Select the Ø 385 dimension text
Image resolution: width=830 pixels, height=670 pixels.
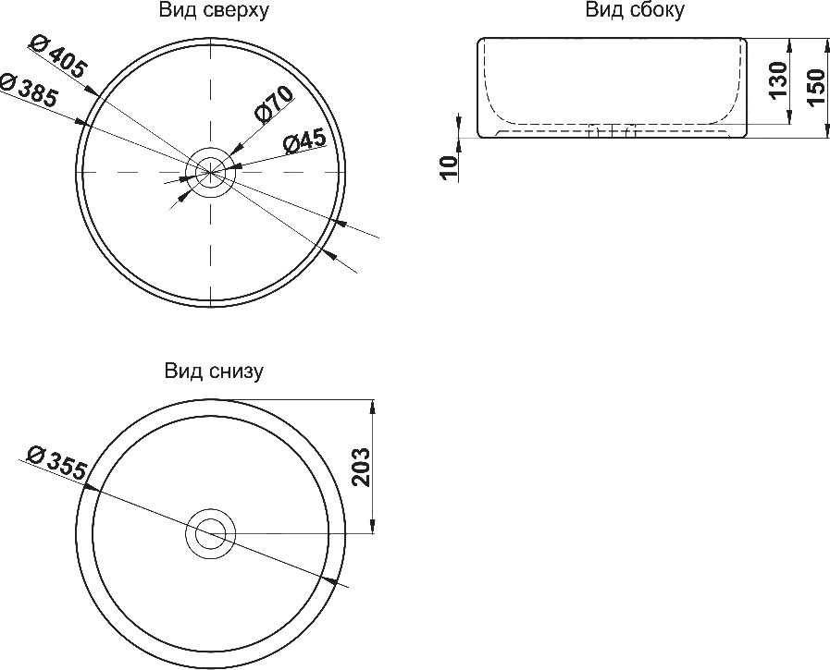pos(29,90)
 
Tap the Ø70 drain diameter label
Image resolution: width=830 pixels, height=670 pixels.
pos(273,104)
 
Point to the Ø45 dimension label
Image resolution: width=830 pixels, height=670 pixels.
pos(305,141)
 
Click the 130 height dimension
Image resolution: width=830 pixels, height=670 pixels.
pos(779,80)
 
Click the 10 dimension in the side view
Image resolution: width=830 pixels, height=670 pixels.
pos(450,168)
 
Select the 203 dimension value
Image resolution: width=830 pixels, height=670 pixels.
pos(361,467)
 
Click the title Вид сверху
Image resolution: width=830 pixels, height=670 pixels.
pos(215,10)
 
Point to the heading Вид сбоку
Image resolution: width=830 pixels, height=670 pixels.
pos(635,10)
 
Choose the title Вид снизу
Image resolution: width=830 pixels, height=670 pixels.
pos(214,372)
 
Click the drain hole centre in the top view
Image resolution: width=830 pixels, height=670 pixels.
pos(211,172)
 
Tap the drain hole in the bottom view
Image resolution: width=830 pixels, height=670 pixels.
pos(211,533)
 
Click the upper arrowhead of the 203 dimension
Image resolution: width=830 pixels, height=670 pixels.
pos(374,407)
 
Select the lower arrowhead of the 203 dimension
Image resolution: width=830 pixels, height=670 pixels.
pos(374,526)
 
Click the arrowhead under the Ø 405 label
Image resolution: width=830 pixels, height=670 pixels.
pos(91,91)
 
